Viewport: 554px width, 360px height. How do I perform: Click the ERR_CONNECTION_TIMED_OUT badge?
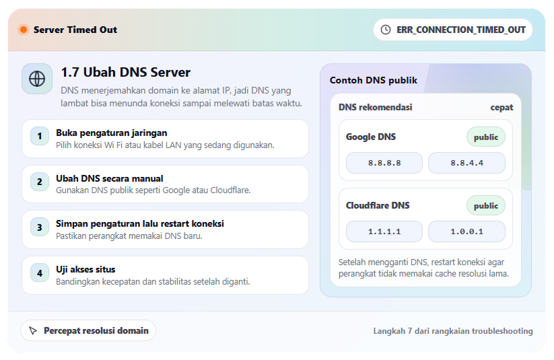[x=453, y=30]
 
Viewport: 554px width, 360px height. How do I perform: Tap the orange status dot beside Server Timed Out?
[x=24, y=30]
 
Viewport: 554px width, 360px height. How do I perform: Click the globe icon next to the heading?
[x=37, y=79]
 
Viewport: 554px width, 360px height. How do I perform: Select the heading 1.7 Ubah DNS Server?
[x=126, y=72]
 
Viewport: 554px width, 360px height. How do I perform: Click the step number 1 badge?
[x=40, y=136]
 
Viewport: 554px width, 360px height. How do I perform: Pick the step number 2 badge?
[x=40, y=182]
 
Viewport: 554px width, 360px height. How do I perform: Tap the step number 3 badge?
[x=40, y=227]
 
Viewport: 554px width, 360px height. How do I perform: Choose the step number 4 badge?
[x=40, y=273]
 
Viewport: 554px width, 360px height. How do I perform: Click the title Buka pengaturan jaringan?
[x=111, y=133]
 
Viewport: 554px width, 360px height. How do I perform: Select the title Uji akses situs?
[x=85, y=269]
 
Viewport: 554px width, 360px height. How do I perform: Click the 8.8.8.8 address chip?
[x=384, y=163]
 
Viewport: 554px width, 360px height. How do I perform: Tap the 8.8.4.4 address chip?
[x=466, y=163]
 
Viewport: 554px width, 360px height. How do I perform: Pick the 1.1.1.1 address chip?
[x=384, y=231]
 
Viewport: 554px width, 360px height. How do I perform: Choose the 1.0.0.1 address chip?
[x=466, y=231]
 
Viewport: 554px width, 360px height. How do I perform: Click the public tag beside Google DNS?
[x=485, y=137]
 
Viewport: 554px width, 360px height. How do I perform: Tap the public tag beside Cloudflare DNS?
[x=485, y=206]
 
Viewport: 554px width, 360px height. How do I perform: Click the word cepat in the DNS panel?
[x=501, y=107]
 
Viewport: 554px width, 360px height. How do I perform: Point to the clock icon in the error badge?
[x=386, y=30]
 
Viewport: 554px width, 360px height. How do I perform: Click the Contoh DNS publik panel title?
[x=373, y=80]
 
